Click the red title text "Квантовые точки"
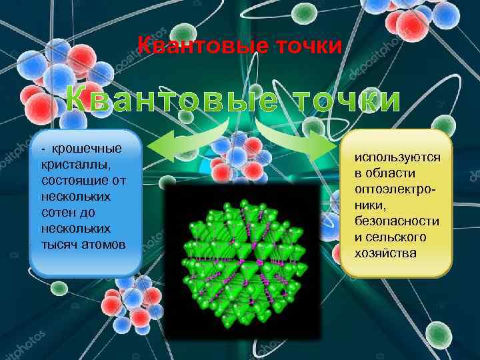240,46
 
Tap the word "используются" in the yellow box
397,157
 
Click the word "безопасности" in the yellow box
397,221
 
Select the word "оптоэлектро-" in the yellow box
397,189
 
